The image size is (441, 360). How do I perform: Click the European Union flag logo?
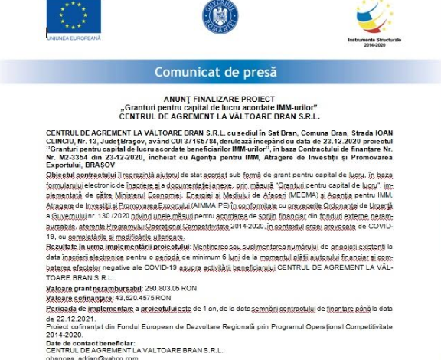point(74,15)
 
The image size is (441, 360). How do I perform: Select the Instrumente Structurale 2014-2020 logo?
point(374,18)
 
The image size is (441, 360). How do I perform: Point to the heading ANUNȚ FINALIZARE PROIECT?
point(219,100)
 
